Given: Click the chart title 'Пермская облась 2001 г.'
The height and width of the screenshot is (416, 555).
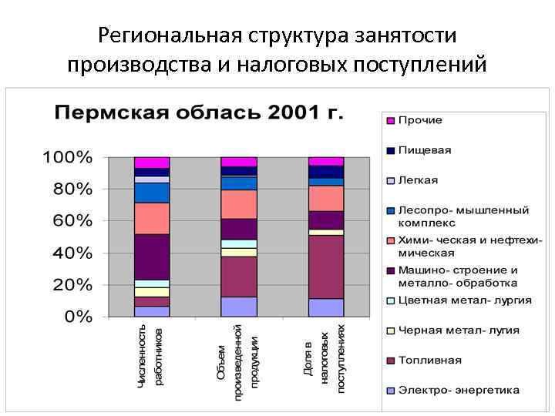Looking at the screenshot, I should click(x=199, y=112).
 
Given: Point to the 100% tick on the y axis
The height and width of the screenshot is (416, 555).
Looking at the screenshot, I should click(x=67, y=157).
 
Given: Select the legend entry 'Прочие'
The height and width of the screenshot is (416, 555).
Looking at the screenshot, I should click(x=419, y=120).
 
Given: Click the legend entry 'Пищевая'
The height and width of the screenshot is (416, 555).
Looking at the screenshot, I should click(x=424, y=150).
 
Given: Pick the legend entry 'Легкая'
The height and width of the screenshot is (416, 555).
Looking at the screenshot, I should click(x=417, y=180).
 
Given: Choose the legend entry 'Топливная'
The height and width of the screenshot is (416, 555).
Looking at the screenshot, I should click(x=429, y=360).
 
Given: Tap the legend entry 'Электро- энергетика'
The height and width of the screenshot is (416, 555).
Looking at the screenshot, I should click(x=458, y=390).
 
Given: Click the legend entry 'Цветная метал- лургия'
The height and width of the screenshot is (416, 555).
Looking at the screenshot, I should click(x=464, y=300).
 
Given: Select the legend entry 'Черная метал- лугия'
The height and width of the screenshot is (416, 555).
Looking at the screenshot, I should click(x=458, y=330).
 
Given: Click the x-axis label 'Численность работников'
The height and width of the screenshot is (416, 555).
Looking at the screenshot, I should click(x=150, y=354).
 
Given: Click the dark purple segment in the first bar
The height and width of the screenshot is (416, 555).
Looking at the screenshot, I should click(x=152, y=257).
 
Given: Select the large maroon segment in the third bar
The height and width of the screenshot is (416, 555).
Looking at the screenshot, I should click(x=326, y=267).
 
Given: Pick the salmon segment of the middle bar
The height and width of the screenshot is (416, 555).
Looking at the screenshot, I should click(x=239, y=204).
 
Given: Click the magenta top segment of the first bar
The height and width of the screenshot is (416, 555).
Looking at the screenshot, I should click(x=152, y=163).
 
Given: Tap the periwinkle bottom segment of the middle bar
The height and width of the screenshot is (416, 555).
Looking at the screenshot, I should click(x=239, y=307).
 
